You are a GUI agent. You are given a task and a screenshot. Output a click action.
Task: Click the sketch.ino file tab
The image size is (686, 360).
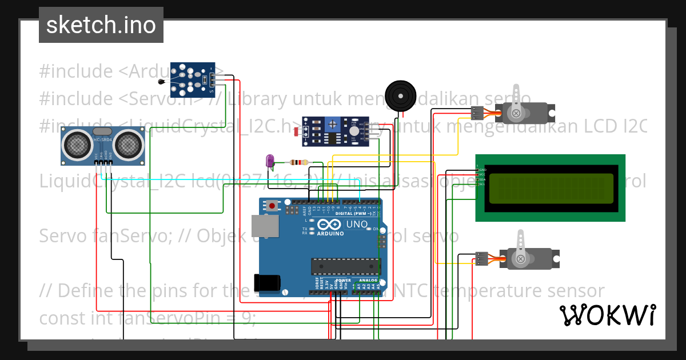tap(101, 25)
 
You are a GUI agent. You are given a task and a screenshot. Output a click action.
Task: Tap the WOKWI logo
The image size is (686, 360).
tap(607, 315)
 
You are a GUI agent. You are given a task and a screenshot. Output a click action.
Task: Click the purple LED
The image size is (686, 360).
tap(270, 161)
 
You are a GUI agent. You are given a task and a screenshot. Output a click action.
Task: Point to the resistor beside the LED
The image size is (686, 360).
tap(299, 162)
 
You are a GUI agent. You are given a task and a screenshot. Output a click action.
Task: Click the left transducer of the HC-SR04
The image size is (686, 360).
tap(77, 145)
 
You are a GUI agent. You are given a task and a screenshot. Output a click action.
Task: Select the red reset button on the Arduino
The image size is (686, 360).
tap(273, 205)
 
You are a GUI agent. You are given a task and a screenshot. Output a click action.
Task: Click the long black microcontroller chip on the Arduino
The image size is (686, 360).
tap(345, 266)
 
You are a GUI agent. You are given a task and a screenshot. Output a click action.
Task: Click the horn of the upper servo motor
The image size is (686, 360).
tap(517, 103)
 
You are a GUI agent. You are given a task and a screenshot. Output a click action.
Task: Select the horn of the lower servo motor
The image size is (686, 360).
tap(521, 247)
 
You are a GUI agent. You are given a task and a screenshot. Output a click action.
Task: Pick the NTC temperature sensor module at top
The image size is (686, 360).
tap(193, 80)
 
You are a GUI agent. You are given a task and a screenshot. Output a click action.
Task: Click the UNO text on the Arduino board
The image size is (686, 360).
tap(357, 224)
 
